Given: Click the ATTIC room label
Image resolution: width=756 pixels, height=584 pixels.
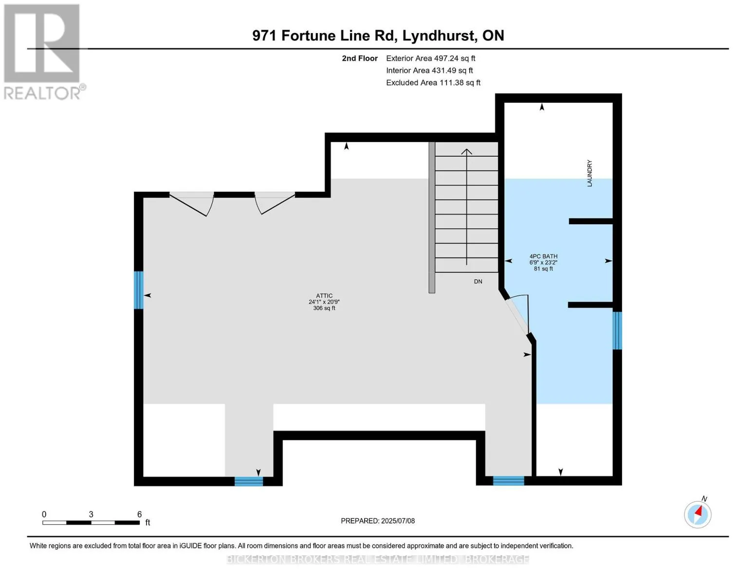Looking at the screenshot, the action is (324, 296).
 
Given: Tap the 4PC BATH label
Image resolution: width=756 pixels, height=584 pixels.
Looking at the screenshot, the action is (543, 256).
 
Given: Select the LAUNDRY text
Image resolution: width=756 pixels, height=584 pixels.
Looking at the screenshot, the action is (590, 173).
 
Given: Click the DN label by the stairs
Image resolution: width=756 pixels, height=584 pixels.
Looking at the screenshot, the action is (478, 281).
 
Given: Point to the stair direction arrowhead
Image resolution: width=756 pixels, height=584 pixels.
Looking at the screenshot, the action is (466, 152).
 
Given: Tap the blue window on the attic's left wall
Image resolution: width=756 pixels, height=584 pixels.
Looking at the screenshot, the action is (138, 290).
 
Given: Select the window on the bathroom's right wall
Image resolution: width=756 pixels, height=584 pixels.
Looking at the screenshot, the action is (617, 330).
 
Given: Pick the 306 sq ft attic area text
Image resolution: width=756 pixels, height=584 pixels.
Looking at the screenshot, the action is (324, 308).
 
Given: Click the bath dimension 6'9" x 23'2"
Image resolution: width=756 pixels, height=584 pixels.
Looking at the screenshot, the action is (543, 263).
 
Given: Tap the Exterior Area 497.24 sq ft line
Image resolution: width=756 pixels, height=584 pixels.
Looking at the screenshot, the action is (430, 58).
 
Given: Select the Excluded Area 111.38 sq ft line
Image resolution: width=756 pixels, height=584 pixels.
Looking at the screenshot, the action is (433, 83).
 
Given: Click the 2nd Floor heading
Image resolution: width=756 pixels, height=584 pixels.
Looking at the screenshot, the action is (359, 58).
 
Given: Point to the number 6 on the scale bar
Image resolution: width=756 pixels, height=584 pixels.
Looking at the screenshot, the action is (139, 514).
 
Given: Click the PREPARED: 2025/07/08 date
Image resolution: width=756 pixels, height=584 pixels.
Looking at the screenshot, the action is (378, 521).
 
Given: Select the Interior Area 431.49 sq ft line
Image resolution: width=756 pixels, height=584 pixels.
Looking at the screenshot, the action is (429, 71).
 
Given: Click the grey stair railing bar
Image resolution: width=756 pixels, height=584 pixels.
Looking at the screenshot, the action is (432, 218).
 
